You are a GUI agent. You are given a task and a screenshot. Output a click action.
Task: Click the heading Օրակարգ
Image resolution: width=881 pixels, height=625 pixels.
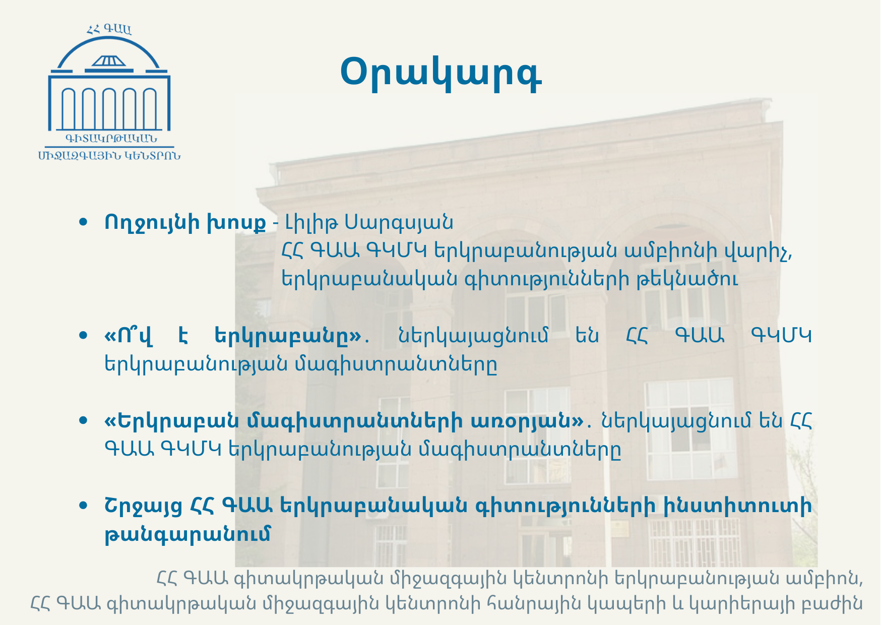tap(441, 74)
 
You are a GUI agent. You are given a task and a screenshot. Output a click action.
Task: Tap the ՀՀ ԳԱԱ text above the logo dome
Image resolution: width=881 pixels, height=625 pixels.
tap(109, 29)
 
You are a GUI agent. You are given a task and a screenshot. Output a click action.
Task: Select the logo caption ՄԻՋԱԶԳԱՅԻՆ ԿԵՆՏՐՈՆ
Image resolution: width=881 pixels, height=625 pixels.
tap(109, 155)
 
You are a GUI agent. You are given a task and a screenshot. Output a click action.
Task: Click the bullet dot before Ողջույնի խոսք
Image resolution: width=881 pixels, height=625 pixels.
tap(84, 222)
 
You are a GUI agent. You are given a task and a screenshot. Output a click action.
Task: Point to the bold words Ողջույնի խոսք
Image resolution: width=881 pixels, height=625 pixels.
tap(185, 222)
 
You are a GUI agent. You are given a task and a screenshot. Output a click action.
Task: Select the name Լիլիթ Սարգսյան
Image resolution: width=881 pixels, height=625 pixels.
tap(369, 222)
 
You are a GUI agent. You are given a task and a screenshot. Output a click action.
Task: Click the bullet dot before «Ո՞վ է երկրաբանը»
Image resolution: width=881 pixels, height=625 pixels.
tap(84, 335)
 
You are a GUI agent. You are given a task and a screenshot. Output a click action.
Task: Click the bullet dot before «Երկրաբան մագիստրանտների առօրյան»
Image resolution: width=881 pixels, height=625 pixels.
tap(84, 420)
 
